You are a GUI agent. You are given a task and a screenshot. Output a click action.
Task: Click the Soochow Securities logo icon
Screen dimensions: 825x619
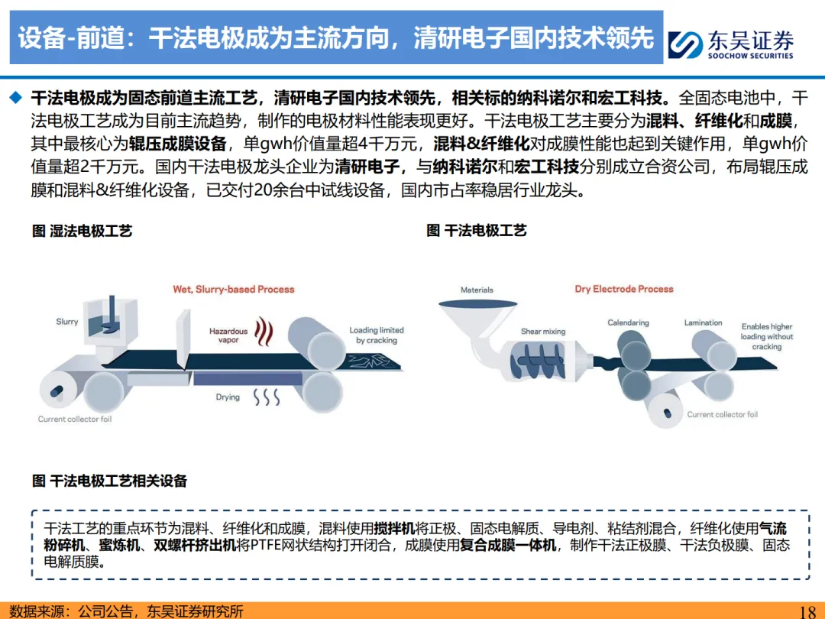(x=685, y=44)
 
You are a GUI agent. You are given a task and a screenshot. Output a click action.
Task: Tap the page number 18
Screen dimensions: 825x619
(x=807, y=611)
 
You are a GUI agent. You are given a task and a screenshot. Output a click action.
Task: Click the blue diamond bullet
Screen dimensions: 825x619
(x=16, y=97)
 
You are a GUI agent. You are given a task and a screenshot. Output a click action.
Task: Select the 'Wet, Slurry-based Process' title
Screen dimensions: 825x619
(x=234, y=290)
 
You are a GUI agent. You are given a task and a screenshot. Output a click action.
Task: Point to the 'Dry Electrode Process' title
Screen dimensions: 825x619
(x=624, y=289)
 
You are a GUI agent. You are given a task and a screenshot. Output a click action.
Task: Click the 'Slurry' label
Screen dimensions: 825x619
(x=66, y=322)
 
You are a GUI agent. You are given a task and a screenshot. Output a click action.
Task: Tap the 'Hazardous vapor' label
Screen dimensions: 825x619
(x=228, y=335)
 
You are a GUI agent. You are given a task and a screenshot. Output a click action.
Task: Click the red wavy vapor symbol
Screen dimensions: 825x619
(x=264, y=332)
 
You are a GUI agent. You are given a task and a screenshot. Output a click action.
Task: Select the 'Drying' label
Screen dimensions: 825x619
(x=228, y=397)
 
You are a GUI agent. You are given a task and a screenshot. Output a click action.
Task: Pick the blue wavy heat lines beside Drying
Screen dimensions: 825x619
(x=267, y=397)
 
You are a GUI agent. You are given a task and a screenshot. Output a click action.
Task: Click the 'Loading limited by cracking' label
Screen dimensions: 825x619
(x=377, y=335)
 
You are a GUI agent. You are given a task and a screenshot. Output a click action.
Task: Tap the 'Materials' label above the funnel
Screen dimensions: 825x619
(x=477, y=290)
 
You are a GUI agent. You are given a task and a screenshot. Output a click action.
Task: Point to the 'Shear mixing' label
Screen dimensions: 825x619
(x=543, y=332)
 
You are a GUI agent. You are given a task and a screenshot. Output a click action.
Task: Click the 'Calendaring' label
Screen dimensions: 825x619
(x=628, y=322)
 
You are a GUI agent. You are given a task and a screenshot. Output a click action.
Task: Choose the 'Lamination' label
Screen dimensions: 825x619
(x=703, y=322)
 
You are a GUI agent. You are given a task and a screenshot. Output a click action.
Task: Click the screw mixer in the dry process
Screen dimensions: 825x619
(x=538, y=361)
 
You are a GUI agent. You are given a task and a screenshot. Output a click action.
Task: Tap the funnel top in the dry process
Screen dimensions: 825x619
(x=477, y=304)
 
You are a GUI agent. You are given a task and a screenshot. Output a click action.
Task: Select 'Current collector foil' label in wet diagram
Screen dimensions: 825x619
(x=75, y=419)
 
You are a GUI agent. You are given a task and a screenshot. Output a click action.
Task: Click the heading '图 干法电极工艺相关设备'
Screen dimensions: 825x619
(x=109, y=481)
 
